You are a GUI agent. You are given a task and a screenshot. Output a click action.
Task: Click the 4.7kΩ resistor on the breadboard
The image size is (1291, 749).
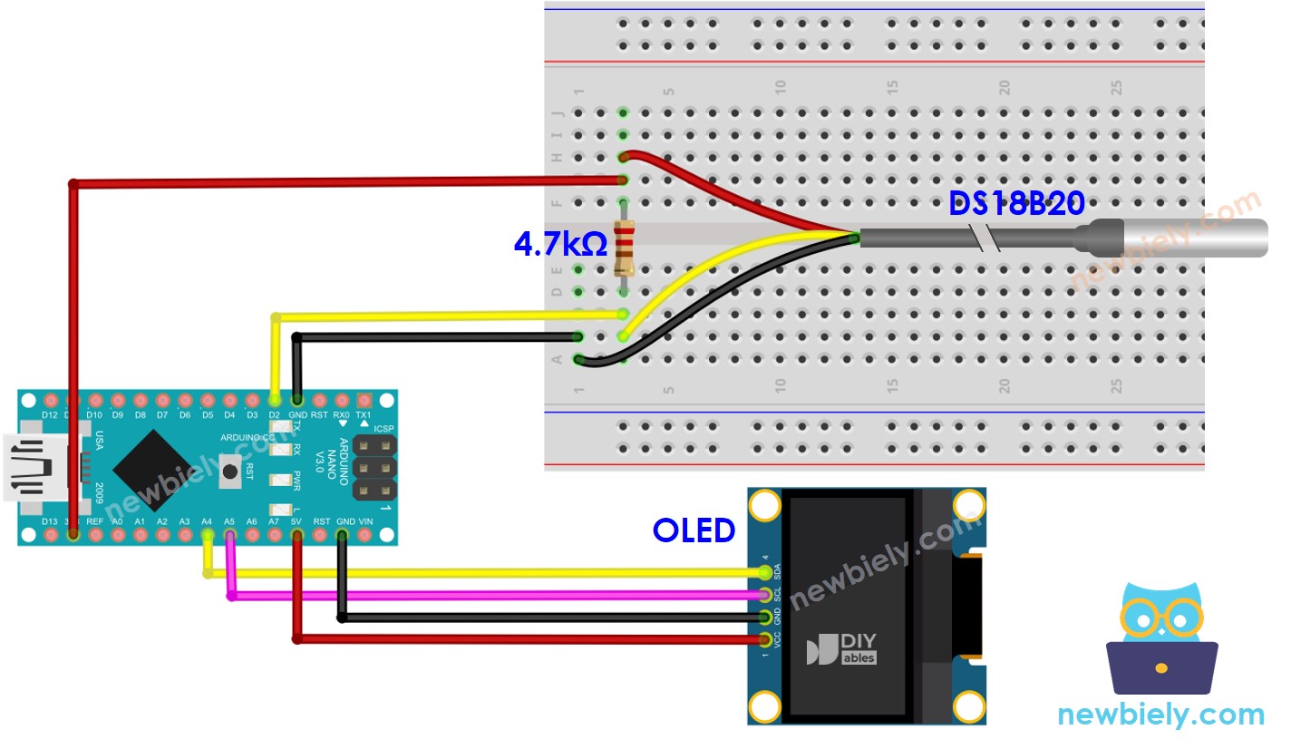click(624, 248)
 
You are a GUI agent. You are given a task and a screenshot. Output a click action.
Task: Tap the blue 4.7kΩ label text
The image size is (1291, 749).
click(560, 244)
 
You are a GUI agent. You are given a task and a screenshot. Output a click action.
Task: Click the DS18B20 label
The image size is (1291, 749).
click(1016, 204)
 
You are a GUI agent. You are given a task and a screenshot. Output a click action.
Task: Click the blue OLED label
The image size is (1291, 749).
click(694, 530)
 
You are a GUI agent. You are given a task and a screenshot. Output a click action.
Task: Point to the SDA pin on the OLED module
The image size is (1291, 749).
click(766, 572)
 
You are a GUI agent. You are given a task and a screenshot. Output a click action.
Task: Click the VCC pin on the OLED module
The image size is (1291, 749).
click(766, 640)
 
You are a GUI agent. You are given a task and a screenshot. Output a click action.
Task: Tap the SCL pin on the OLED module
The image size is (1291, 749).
click(766, 595)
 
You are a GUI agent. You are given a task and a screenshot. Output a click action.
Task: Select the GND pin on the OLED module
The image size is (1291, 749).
click(766, 618)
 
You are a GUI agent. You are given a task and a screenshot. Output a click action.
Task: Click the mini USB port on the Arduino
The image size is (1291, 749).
click(29, 468)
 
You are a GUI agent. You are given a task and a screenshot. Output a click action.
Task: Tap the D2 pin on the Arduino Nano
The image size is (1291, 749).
click(275, 400)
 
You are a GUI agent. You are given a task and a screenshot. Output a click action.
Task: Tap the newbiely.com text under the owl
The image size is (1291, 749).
click(1160, 715)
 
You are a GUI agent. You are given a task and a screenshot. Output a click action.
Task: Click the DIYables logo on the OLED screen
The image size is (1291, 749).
click(841, 648)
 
